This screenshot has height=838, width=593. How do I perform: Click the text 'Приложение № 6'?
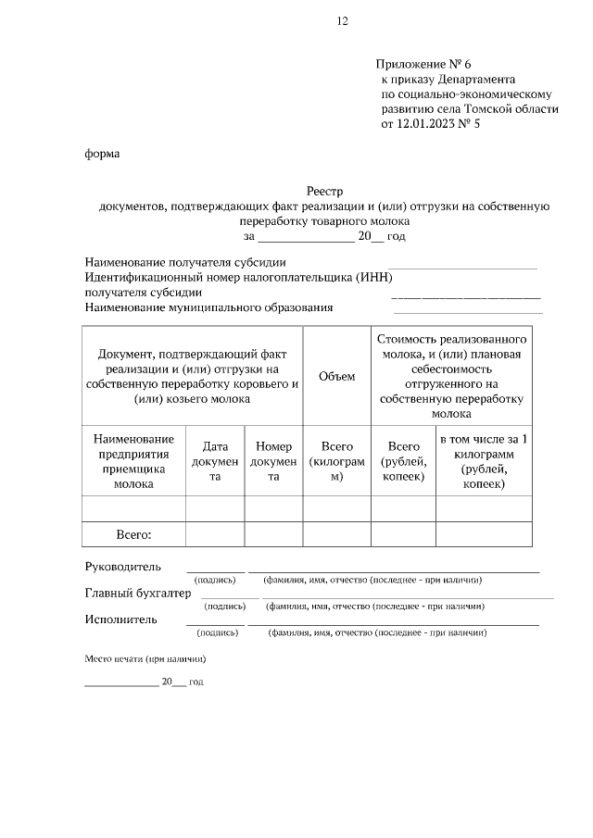pyautogui.click(x=423, y=64)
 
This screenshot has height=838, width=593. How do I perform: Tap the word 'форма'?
pyautogui.click(x=102, y=154)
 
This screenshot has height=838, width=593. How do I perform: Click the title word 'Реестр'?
pyautogui.click(x=324, y=191)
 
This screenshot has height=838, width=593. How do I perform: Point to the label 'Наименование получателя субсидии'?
pyautogui.click(x=185, y=263)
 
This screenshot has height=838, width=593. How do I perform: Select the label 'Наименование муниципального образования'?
pyautogui.click(x=208, y=307)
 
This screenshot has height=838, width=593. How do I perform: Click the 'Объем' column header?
pyautogui.click(x=336, y=376)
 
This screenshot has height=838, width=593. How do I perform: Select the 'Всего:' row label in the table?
pyautogui.click(x=132, y=534)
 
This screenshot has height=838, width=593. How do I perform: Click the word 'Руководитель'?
pyautogui.click(x=122, y=566)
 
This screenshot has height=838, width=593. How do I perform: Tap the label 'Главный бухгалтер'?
pyautogui.click(x=137, y=593)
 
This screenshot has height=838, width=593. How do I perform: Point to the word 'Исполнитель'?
pyautogui.click(x=120, y=619)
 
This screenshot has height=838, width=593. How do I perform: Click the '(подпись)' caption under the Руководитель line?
pyautogui.click(x=215, y=580)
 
